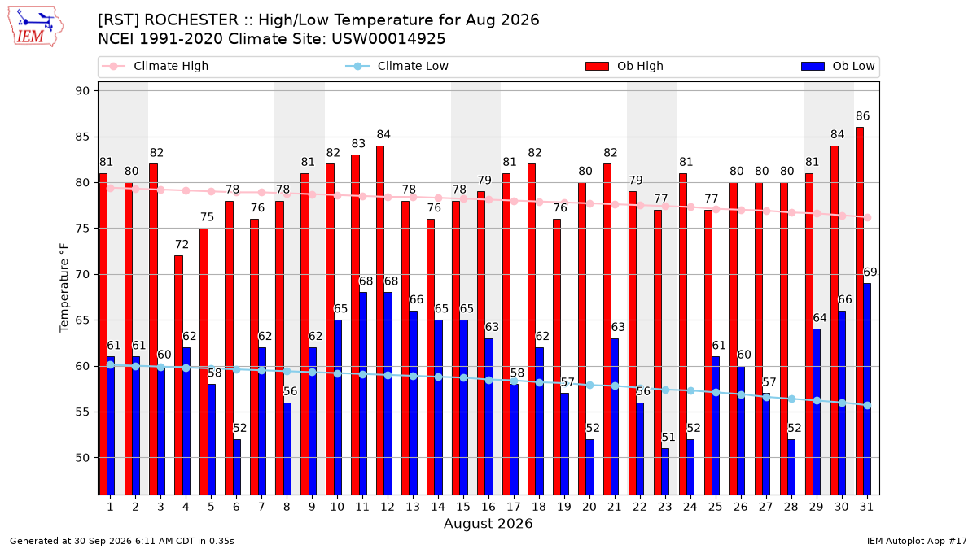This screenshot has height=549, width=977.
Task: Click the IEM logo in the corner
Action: (x=35, y=27)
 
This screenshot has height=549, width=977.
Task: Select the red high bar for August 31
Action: (x=860, y=311)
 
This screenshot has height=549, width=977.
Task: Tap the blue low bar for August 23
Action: (x=665, y=472)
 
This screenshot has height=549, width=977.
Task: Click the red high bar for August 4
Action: (x=178, y=375)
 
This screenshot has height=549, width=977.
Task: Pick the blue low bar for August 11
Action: (x=363, y=394)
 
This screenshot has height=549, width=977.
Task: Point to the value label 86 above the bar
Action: (x=863, y=116)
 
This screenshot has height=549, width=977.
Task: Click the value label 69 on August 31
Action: (x=870, y=272)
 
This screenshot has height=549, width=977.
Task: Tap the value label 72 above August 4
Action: (x=182, y=245)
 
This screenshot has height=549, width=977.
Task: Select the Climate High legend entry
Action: (x=156, y=66)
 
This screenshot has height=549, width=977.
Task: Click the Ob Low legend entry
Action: (x=838, y=66)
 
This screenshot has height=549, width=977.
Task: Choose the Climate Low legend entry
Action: (x=397, y=66)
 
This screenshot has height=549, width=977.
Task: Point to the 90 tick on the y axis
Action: (x=82, y=91)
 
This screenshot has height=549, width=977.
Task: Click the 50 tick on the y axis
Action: (x=82, y=458)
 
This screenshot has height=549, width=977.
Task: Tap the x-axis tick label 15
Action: (x=463, y=507)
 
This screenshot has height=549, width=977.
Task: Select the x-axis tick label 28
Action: (x=791, y=507)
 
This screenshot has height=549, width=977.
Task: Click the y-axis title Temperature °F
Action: (x=64, y=288)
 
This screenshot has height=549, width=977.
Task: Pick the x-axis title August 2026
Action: (x=488, y=523)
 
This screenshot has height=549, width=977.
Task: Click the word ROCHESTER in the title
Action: (x=191, y=20)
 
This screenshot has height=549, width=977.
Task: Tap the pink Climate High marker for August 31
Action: (x=868, y=217)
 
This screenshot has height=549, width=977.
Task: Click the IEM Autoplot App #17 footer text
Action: (x=917, y=541)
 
